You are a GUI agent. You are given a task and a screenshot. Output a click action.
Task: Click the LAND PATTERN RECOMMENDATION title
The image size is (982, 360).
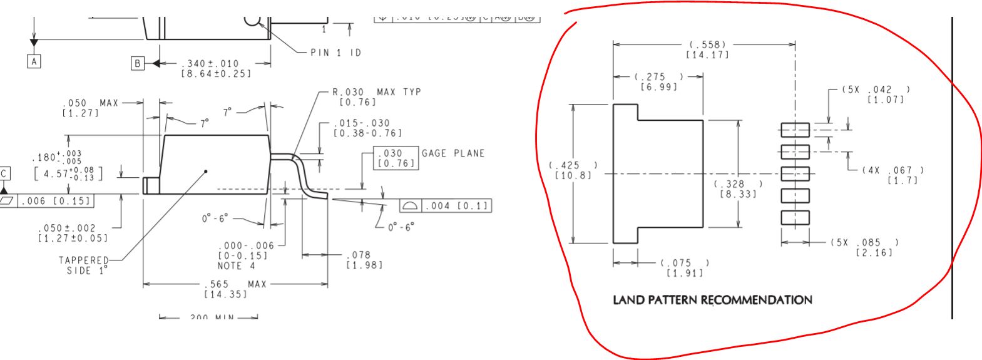(712, 300)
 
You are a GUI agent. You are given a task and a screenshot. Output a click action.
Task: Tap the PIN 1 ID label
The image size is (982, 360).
(336, 53)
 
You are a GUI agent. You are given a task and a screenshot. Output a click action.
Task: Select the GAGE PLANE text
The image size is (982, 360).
(453, 153)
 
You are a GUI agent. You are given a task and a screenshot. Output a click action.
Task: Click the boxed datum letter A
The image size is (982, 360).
(34, 61)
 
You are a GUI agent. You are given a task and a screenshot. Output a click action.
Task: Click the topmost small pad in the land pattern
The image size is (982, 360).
(795, 130)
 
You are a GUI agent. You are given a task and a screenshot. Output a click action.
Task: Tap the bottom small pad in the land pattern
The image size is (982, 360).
(795, 217)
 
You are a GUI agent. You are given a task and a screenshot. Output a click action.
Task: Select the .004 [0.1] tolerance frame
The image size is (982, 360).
(445, 206)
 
